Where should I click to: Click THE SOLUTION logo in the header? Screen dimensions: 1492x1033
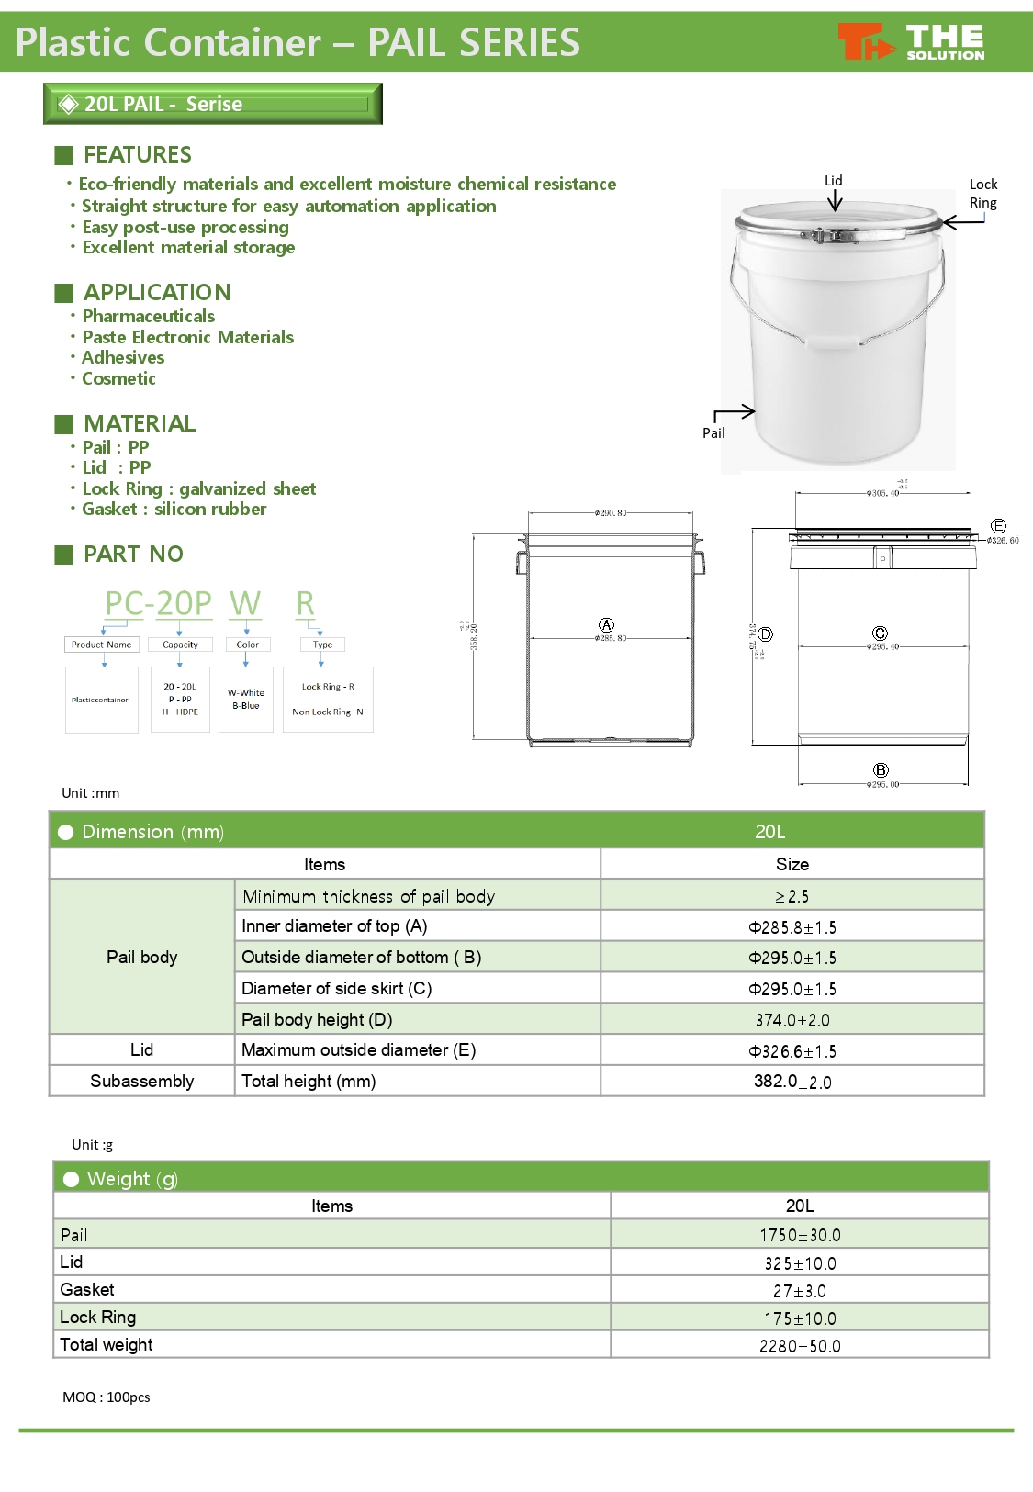pos(911,42)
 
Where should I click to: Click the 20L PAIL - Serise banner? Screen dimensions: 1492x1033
pos(212,104)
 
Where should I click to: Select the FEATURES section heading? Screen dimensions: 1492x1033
pos(137,154)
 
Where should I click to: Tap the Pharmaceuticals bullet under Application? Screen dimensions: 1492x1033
pos(148,316)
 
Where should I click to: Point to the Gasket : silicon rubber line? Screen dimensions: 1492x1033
pos(174,509)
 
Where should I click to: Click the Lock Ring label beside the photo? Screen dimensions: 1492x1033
pos(982,194)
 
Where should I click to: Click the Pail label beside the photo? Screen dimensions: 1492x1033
pos(713,433)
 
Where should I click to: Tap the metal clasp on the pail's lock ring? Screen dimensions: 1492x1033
pos(834,236)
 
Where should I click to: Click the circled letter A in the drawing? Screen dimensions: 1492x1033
pos(606,625)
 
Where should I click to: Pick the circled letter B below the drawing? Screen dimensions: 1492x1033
pos(881,770)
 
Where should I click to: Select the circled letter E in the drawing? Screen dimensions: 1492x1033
pos(998,526)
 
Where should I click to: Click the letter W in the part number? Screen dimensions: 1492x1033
pos(245,603)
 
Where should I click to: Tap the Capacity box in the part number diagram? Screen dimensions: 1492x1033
pos(180,645)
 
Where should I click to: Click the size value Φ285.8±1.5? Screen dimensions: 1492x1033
pos(792,927)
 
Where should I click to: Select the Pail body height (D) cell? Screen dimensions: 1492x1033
pos(317,1019)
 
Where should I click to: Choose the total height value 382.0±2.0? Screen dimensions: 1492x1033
pos(792,1082)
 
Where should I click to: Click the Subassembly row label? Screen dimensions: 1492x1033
pos(141,1081)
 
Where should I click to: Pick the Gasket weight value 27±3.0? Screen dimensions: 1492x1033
pos(799,1291)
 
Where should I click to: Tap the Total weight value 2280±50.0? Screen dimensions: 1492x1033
pos(799,1346)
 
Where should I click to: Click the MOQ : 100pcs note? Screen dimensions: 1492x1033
pos(107,1397)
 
